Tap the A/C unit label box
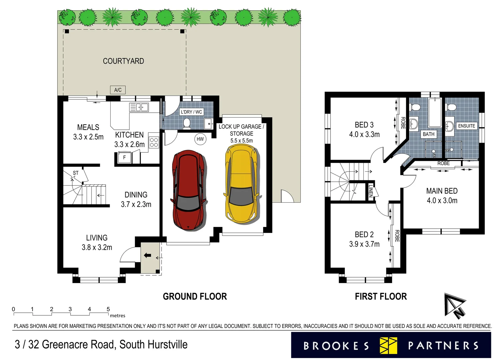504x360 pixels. (118, 90)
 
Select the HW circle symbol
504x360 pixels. (200, 139)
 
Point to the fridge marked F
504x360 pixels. (125, 157)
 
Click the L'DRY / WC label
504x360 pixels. (191, 112)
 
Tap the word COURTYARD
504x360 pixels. (123, 61)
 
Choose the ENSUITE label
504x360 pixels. (466, 126)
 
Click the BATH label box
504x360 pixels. (428, 134)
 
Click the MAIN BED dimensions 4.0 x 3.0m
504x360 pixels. (442, 201)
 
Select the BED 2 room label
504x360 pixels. (364, 234)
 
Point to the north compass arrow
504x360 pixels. (455, 305)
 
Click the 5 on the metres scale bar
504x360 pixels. (108, 309)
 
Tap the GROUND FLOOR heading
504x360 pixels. (195, 296)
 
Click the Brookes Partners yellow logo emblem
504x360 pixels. (388, 345)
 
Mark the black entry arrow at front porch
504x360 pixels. (147, 256)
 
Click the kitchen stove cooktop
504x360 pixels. (154, 142)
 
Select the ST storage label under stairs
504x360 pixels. (76, 173)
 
